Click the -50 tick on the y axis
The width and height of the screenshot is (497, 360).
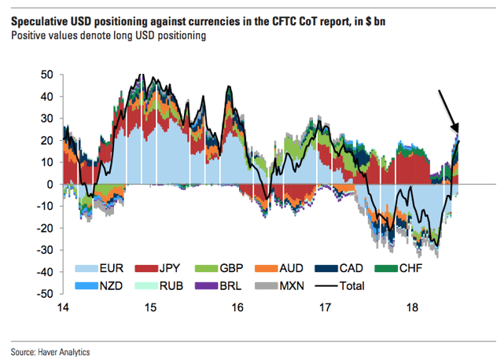[x=46, y=294]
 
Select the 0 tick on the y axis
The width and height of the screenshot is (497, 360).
[x=50, y=185]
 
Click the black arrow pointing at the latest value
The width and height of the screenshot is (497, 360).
[x=447, y=110]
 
